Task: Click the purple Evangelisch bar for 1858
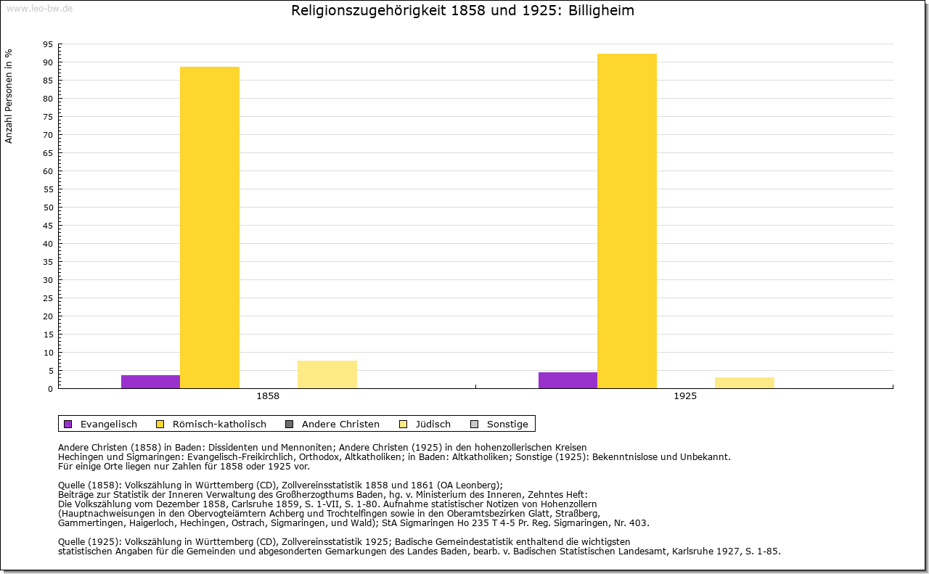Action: (150, 382)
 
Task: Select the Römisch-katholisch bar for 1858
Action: (210, 228)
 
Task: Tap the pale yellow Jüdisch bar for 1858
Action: (327, 374)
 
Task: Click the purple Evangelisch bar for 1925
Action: (568, 380)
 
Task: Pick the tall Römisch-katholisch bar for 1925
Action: (626, 221)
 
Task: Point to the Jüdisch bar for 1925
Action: (745, 383)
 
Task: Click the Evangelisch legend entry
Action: (100, 424)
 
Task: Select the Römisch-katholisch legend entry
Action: (211, 424)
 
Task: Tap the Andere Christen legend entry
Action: (332, 424)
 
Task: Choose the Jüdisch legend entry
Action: (425, 424)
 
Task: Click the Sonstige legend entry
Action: (499, 424)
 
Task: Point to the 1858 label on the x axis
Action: (268, 396)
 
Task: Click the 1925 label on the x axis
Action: (685, 396)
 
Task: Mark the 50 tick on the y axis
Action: (49, 208)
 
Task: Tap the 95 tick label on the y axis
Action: (49, 44)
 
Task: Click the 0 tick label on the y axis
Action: (51, 389)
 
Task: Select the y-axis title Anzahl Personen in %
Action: (9, 97)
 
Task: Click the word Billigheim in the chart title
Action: (601, 10)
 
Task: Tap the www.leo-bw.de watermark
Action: (40, 8)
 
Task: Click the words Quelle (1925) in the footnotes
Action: (89, 541)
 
